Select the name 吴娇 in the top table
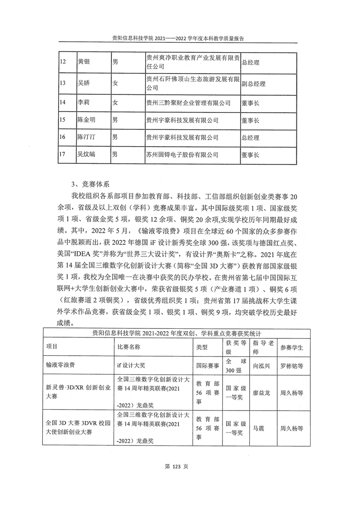[x=84, y=83]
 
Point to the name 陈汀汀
[x=86, y=137]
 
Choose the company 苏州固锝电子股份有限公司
[x=182, y=155]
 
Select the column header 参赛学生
[x=292, y=347]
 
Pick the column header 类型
[x=202, y=347]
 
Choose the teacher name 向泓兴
[x=262, y=364]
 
